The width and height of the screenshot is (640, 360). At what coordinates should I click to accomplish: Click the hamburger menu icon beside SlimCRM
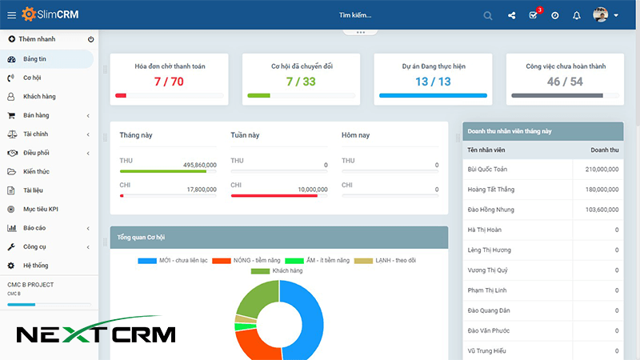(11, 14)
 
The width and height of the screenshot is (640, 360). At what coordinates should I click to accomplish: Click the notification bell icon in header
(576, 15)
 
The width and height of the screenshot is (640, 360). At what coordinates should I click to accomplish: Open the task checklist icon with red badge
(534, 15)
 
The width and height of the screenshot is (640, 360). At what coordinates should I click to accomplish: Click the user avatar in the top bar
(601, 14)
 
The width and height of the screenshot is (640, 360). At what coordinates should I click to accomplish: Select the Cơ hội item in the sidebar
(32, 78)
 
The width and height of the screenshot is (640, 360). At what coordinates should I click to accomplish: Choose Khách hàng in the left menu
(38, 97)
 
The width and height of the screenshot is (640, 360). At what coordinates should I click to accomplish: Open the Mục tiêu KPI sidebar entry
(41, 209)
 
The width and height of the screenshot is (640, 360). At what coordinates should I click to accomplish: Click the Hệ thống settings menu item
(35, 265)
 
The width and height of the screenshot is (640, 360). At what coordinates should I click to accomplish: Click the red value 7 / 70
(169, 82)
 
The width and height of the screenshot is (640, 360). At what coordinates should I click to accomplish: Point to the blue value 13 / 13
(433, 82)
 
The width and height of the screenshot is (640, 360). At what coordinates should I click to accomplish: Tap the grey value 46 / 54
(565, 82)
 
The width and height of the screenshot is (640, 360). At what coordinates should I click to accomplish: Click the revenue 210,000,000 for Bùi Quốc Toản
(602, 170)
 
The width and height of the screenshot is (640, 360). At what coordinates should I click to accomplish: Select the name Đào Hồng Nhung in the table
(491, 210)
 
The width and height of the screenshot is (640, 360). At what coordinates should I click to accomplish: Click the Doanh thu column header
(604, 150)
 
